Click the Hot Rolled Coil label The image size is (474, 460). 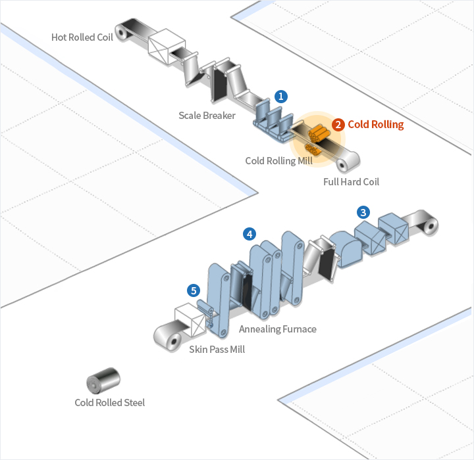coord(82,37)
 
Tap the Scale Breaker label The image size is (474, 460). coord(207,116)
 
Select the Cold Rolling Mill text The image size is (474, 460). coord(279,160)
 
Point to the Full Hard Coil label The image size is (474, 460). coord(351,181)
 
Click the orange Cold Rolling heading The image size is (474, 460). coord(375,124)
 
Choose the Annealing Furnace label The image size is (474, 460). coord(277,329)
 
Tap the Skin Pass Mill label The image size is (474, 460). coord(217,350)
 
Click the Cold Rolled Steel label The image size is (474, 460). coord(109,402)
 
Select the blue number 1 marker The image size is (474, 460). coord(281,96)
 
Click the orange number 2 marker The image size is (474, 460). coord(338,124)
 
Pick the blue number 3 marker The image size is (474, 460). coord(363,212)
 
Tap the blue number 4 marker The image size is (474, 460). coord(249,233)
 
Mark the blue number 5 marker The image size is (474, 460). coord(193,289)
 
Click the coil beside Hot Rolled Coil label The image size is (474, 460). coord(123,32)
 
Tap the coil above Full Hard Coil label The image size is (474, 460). coord(349,159)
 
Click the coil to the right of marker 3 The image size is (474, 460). coord(427,223)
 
